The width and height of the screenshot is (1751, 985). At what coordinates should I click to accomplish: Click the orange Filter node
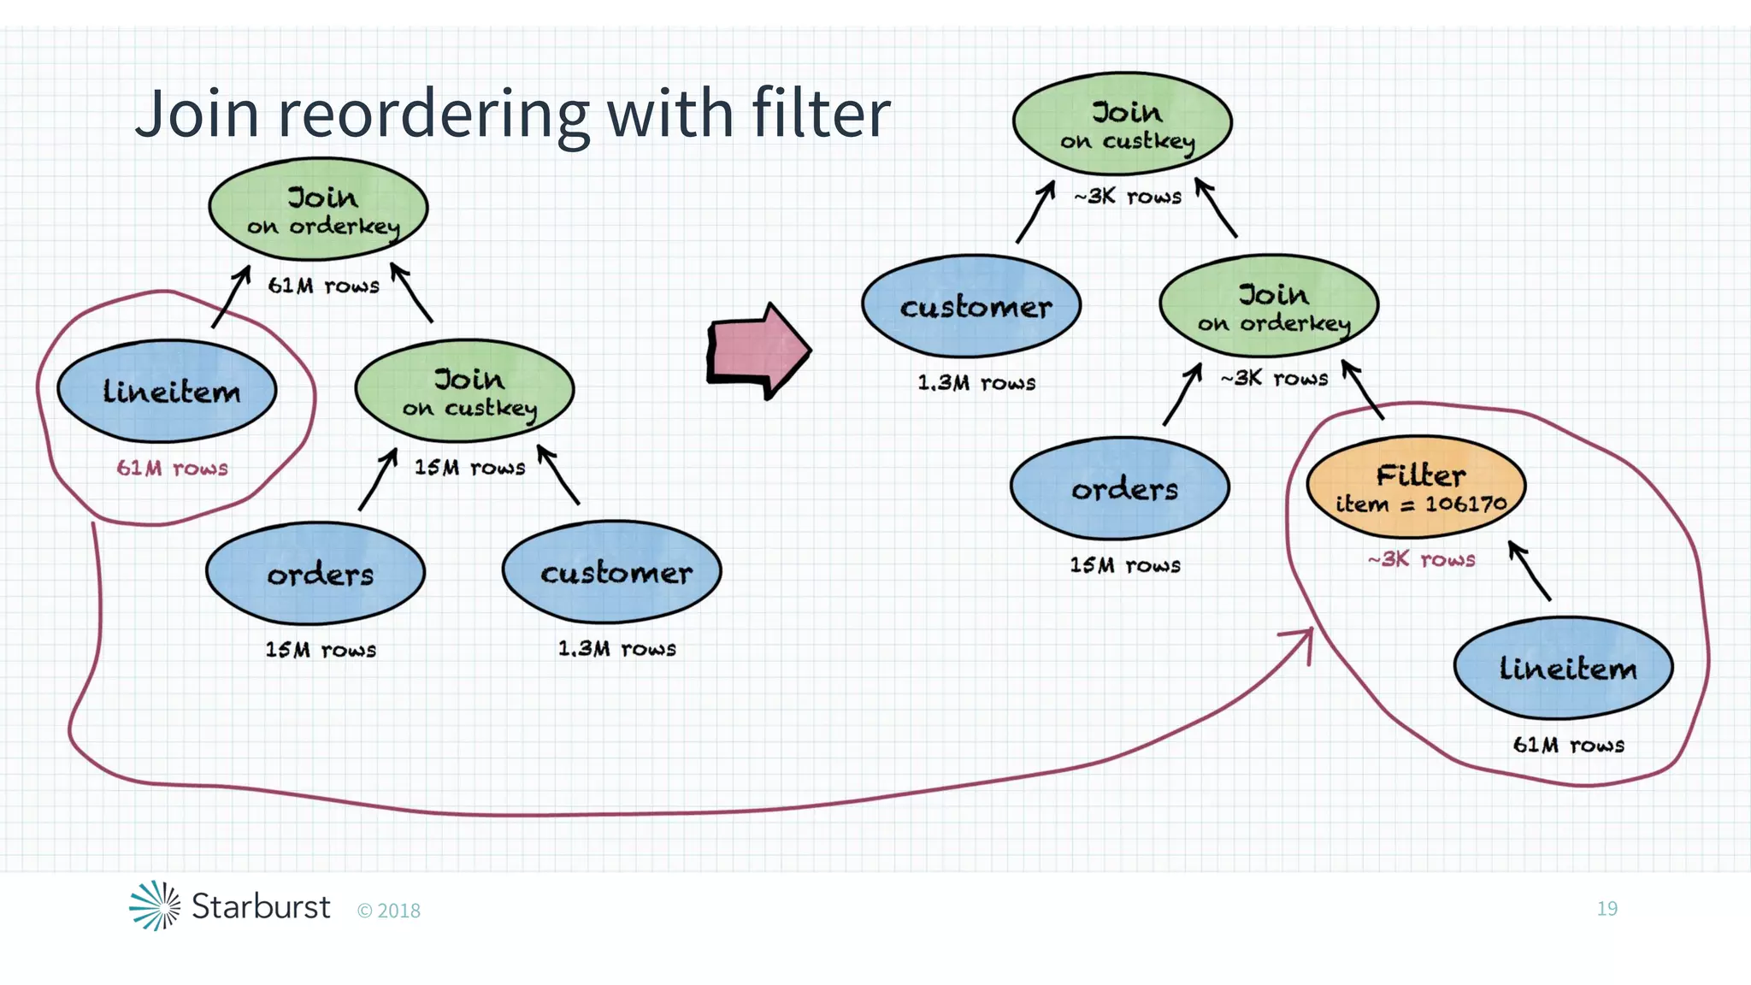(x=1417, y=487)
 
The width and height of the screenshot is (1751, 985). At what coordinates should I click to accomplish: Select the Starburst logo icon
(x=155, y=905)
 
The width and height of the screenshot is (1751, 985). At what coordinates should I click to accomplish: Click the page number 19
(x=1607, y=908)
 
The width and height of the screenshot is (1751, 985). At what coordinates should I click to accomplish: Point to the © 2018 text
(x=389, y=911)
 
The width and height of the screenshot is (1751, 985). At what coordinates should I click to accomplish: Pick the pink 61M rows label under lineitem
(x=172, y=469)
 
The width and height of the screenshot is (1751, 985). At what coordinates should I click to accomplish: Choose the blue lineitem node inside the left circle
(x=168, y=391)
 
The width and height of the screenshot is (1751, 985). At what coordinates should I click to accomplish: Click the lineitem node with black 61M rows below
(x=1564, y=668)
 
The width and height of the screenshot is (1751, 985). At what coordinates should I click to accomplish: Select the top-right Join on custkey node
(x=1123, y=124)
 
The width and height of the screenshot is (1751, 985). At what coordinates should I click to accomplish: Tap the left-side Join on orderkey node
(x=319, y=209)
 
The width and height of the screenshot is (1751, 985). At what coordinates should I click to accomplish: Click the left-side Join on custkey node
(x=465, y=391)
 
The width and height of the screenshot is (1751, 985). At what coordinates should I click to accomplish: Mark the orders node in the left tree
(x=316, y=573)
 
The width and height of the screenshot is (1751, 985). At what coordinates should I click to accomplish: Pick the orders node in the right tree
(x=1120, y=488)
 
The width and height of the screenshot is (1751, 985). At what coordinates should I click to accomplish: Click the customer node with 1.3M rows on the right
(x=972, y=306)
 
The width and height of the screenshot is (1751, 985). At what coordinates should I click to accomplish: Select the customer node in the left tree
(x=612, y=572)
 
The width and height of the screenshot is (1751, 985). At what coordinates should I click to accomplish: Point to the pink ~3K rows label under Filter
(x=1421, y=560)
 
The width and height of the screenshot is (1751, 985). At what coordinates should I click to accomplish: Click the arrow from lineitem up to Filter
(x=1529, y=570)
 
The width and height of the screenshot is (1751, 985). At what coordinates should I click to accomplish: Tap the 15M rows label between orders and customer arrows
(x=469, y=468)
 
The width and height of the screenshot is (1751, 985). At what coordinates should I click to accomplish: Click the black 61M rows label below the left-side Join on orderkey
(x=323, y=286)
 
